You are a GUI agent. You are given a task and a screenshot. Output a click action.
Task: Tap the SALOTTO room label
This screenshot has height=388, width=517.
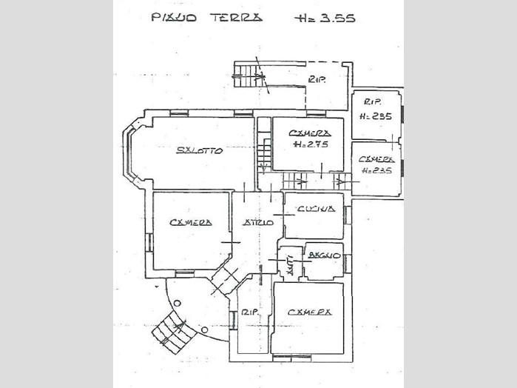point(200,151)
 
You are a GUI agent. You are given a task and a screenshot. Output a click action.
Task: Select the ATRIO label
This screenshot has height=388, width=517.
point(258,222)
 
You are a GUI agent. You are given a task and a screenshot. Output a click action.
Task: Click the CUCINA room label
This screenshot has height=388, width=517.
point(316,210)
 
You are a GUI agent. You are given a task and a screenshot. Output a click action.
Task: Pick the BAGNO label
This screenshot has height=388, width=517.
point(324,255)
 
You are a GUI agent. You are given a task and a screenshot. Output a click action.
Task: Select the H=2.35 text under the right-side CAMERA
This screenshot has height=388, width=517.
point(376,170)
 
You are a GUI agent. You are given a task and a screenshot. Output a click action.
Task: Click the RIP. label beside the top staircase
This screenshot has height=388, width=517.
point(318,80)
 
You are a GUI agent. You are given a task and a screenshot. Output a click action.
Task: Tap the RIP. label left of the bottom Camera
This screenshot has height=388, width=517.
point(249,314)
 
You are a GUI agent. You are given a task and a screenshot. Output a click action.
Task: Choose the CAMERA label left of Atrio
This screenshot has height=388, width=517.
point(190,222)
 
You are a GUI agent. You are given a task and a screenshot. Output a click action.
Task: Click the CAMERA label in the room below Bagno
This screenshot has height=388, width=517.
point(310,312)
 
